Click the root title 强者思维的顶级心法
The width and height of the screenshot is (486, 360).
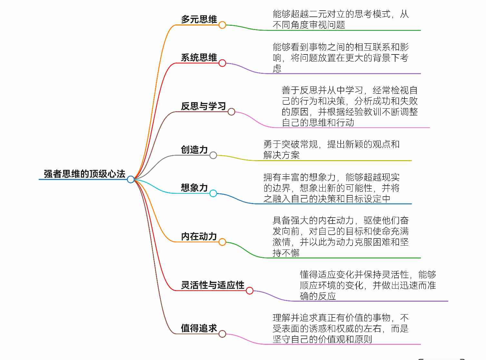(x=84, y=174)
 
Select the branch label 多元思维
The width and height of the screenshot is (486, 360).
(x=199, y=19)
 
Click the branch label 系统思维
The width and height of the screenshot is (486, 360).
(x=199, y=57)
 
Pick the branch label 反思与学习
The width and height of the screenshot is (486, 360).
(x=203, y=106)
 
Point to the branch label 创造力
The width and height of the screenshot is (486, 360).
(x=194, y=150)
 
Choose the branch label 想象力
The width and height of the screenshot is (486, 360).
(x=194, y=188)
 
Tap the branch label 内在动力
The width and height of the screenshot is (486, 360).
(x=199, y=236)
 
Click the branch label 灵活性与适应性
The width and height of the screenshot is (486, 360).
(x=212, y=285)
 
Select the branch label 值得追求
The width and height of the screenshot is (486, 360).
(x=199, y=328)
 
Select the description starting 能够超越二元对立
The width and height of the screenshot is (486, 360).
(x=341, y=19)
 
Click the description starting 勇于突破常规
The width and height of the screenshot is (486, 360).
(x=332, y=150)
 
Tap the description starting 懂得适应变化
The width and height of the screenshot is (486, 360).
(x=368, y=285)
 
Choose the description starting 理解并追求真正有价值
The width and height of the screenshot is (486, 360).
(x=341, y=328)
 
